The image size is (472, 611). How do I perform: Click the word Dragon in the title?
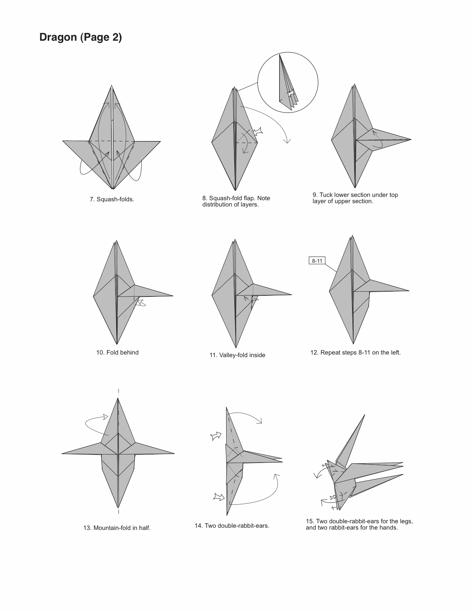click(58, 37)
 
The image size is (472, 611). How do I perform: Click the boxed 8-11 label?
click(317, 261)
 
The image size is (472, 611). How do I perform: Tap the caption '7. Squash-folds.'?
click(112, 199)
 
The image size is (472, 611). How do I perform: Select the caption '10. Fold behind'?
click(117, 353)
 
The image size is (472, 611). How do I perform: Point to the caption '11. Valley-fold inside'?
click(237, 355)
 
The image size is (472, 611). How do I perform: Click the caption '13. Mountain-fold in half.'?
click(117, 528)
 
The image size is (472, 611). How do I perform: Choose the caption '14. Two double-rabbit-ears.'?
click(232, 526)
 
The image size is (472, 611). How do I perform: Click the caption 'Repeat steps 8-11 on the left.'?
click(360, 353)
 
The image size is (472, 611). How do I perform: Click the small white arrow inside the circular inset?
click(291, 93)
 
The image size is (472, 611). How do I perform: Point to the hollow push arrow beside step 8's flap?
click(258, 131)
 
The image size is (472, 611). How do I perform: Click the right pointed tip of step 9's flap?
click(411, 140)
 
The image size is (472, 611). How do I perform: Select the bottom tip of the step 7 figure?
click(113, 189)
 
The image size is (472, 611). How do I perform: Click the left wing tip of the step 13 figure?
click(62, 454)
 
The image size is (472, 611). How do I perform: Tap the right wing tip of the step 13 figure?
click(174, 453)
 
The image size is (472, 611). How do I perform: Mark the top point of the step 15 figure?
click(365, 414)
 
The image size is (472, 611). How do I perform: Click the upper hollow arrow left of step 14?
click(216, 436)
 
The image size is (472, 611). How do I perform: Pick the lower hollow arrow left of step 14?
click(219, 497)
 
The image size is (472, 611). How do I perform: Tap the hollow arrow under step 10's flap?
click(141, 303)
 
